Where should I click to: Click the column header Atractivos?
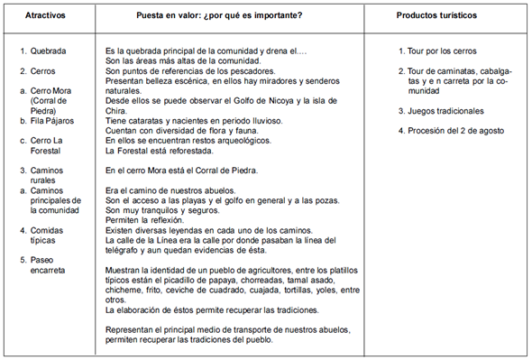pos(45,17)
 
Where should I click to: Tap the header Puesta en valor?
pos(231,17)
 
